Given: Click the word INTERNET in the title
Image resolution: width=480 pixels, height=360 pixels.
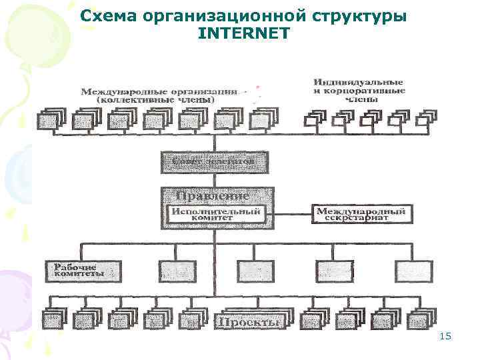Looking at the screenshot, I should click(244, 31).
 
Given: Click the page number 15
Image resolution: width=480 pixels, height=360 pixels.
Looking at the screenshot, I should click(445, 337).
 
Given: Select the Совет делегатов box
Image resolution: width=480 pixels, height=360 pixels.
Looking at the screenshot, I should click(215, 162).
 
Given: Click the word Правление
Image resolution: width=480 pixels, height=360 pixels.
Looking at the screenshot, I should click(213, 196).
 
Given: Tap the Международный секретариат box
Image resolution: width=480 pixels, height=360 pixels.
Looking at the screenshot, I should click(361, 213).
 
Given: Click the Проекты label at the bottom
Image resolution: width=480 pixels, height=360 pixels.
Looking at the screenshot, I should click(247, 322).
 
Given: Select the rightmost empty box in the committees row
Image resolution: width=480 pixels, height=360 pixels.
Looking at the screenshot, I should click(414, 271).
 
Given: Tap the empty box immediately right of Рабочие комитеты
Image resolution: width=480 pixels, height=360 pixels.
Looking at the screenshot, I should click(177, 271).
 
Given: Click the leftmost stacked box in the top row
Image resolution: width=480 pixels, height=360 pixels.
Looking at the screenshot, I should click(49, 120).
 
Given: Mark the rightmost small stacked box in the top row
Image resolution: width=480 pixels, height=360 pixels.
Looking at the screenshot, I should click(424, 119).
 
